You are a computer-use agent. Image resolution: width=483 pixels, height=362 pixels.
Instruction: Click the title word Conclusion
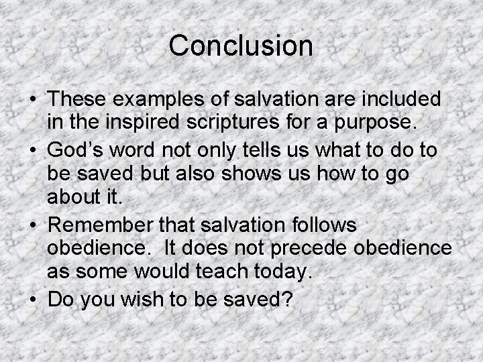tap(241, 46)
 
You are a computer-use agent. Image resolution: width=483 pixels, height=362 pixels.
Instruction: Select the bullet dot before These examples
tap(32, 101)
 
